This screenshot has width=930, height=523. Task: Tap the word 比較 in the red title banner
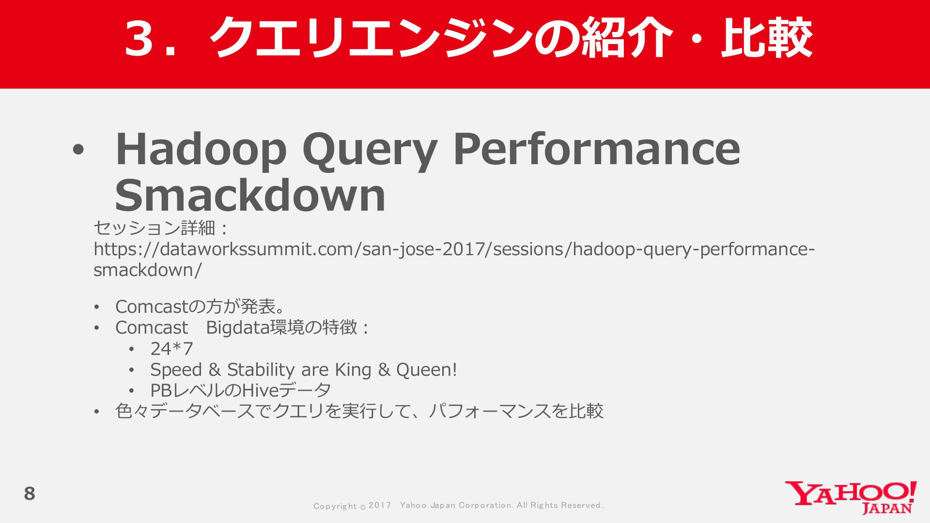coord(766,38)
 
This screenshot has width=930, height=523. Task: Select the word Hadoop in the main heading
coord(201,149)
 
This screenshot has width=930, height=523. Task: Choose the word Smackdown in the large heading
coord(250,195)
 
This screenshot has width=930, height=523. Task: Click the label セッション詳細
coord(154,228)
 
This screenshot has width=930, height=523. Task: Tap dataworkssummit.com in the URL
coord(257,249)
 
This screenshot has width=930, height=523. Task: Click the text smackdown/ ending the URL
coord(147,270)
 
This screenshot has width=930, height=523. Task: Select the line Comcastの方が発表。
coord(200,307)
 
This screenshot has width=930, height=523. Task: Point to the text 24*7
coord(171,349)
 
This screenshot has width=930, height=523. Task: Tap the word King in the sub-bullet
coord(353,369)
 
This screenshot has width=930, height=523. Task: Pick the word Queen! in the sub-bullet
coord(427,369)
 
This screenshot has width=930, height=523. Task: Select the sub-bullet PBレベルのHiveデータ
coord(241,390)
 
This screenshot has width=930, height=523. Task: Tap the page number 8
coord(30,493)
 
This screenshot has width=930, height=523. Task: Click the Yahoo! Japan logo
coord(851,497)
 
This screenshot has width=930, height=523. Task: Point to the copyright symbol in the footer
coord(363,507)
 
